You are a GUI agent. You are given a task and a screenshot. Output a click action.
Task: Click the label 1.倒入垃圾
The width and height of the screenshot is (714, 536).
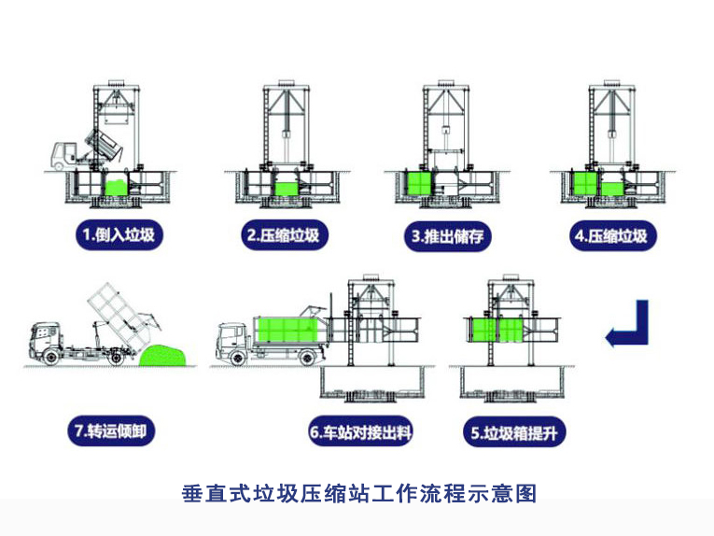(x=119, y=235)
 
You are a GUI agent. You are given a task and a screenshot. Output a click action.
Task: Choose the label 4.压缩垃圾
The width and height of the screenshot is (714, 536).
(x=609, y=235)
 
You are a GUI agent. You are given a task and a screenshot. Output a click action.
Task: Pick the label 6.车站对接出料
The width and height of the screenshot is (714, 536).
(x=360, y=432)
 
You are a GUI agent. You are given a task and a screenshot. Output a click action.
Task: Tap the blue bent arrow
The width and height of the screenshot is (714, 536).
(x=626, y=324)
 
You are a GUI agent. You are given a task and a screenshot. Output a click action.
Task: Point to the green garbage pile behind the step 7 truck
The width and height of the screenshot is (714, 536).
(x=166, y=354)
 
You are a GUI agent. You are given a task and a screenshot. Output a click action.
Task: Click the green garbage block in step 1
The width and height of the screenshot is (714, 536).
(x=116, y=187)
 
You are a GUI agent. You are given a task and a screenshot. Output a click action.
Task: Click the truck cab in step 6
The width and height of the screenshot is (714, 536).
(x=232, y=341)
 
